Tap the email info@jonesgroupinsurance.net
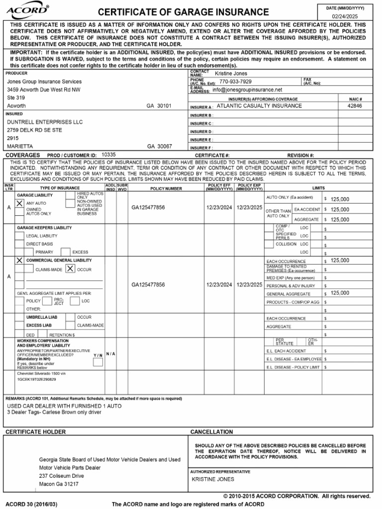click(x=247, y=90)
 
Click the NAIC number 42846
click(x=355, y=106)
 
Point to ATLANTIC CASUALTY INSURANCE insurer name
click(x=259, y=106)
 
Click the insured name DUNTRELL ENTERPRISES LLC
click(x=45, y=122)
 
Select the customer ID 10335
click(x=108, y=155)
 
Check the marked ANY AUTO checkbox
click(x=19, y=203)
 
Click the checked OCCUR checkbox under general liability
click(x=70, y=268)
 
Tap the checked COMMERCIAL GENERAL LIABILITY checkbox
click(x=19, y=260)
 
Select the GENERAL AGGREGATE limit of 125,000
click(x=340, y=293)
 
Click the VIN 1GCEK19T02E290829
click(x=37, y=379)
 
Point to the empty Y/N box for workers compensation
click(x=98, y=362)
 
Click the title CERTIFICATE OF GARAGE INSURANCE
click(x=183, y=12)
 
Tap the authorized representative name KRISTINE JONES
click(x=213, y=479)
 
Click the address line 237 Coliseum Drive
click(x=62, y=476)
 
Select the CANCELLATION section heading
click(x=211, y=432)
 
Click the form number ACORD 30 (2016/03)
click(x=31, y=504)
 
